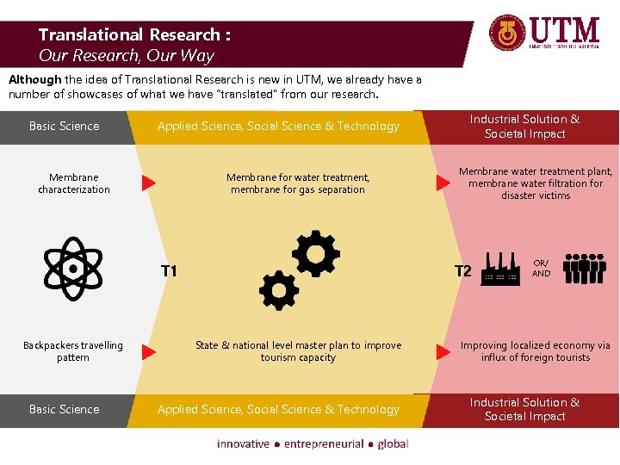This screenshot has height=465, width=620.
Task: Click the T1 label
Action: click(x=169, y=272)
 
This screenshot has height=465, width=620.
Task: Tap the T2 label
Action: click(x=463, y=272)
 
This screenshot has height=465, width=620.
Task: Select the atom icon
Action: click(x=72, y=268)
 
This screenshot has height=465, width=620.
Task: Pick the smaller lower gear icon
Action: click(x=278, y=291)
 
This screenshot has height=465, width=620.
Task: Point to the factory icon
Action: click(x=499, y=268)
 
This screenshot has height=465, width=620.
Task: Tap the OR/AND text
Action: click(x=541, y=268)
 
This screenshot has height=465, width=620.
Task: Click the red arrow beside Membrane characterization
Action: click(x=148, y=183)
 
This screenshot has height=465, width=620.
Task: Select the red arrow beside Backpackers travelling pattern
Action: click(x=148, y=351)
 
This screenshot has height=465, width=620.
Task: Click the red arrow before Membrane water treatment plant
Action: click(x=444, y=183)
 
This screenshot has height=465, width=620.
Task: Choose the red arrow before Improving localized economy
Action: click(x=444, y=351)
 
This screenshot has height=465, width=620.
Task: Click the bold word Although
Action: click(x=34, y=79)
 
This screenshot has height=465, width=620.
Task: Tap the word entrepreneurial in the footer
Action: click(x=323, y=443)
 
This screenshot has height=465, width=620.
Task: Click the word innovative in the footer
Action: click(x=243, y=443)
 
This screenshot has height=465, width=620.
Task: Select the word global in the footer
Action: click(x=392, y=443)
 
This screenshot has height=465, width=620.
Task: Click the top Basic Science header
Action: click(x=64, y=126)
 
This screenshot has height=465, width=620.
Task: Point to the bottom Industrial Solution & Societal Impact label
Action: click(x=524, y=409)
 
